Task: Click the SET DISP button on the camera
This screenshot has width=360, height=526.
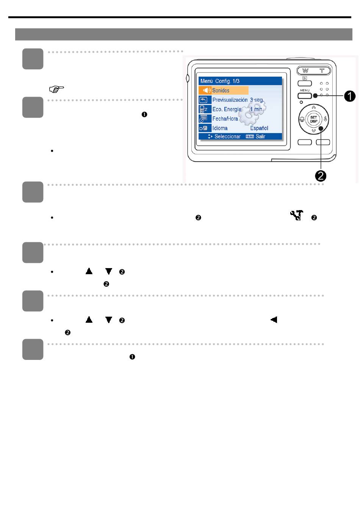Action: click(x=313, y=119)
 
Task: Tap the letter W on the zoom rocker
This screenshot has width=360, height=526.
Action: click(x=305, y=71)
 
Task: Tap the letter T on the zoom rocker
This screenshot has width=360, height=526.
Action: click(x=322, y=71)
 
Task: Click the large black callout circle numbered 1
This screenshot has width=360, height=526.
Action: click(x=350, y=96)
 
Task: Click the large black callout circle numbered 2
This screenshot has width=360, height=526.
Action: click(x=321, y=176)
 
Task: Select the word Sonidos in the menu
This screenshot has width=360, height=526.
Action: click(x=221, y=90)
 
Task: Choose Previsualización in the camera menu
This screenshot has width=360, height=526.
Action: click(x=230, y=100)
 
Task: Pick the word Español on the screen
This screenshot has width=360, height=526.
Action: click(x=259, y=128)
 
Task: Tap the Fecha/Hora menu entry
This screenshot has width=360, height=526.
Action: click(x=225, y=119)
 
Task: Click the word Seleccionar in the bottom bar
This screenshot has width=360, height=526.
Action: click(x=227, y=137)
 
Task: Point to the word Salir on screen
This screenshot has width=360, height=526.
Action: click(x=260, y=137)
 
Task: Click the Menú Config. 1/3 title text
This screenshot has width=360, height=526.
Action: click(x=220, y=81)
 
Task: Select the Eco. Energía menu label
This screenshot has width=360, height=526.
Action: click(x=227, y=110)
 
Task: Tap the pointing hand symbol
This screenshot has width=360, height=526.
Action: click(x=56, y=89)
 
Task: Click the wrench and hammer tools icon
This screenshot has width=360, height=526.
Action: click(x=297, y=215)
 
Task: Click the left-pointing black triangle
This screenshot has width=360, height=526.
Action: click(x=274, y=320)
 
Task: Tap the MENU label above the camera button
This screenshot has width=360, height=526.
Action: click(x=305, y=90)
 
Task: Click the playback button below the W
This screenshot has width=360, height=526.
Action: click(x=305, y=83)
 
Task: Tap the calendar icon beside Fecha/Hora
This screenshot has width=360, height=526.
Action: click(x=203, y=119)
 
